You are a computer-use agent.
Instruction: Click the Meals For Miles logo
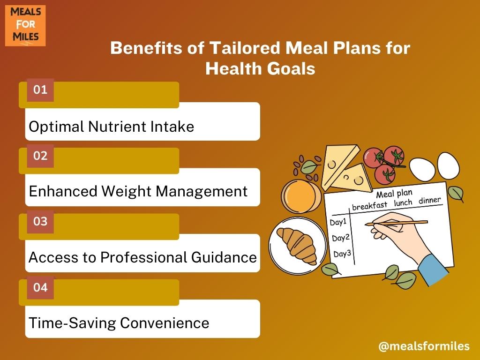pyautogui.click(x=25, y=26)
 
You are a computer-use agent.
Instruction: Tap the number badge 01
pyautogui.click(x=40, y=90)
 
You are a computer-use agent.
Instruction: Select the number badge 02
pyautogui.click(x=40, y=156)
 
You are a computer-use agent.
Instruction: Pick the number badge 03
pyautogui.click(x=40, y=222)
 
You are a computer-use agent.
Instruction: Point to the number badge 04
pyautogui.click(x=40, y=288)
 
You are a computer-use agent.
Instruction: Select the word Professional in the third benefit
pyautogui.click(x=143, y=257)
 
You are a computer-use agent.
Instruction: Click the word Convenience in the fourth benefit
pyautogui.click(x=165, y=323)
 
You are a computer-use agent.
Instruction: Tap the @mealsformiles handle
pyautogui.click(x=424, y=346)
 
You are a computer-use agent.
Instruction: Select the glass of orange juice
pyautogui.click(x=300, y=196)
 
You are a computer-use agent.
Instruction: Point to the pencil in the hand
pyautogui.click(x=397, y=223)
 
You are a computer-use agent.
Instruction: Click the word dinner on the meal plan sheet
pyautogui.click(x=430, y=200)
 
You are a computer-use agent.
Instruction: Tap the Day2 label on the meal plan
pyautogui.click(x=341, y=238)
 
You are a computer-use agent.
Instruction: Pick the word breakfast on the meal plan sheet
pyautogui.click(x=370, y=205)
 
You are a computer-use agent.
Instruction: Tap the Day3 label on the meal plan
pyautogui.click(x=342, y=254)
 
